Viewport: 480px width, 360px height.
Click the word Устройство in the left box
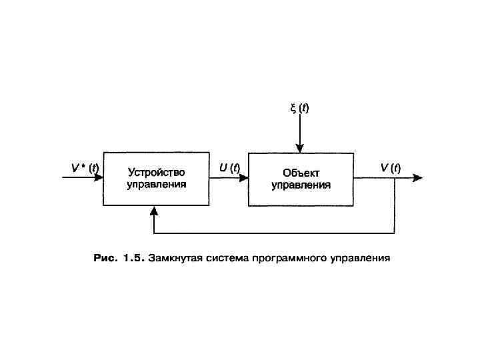click(156, 173)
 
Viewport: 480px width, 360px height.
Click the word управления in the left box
click(156, 185)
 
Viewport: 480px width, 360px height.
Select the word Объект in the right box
click(301, 173)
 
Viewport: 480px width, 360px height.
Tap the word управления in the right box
click(301, 185)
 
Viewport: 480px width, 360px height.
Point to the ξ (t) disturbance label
click(299, 108)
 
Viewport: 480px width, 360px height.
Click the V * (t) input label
click(85, 168)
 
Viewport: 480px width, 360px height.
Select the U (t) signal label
click(229, 168)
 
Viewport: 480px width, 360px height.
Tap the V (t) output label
click(390, 168)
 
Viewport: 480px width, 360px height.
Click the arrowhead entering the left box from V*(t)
click(99, 178)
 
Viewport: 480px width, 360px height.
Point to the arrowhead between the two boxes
click(244, 178)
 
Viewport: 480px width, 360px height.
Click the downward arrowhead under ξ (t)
click(300, 149)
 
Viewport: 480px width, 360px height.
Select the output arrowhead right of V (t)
click(417, 178)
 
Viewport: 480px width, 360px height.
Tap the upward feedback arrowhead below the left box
click(154, 211)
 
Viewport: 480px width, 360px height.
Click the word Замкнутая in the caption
click(175, 257)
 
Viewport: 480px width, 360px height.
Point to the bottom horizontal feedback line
click(273, 233)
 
